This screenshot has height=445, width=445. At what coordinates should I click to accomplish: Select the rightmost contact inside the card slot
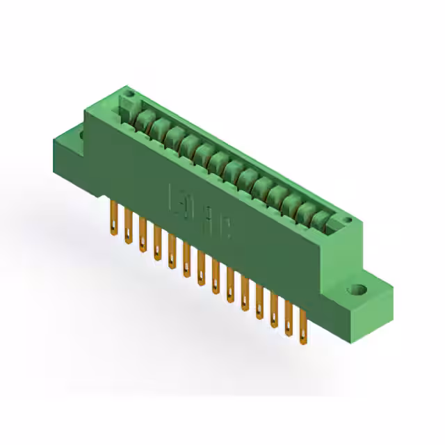321,218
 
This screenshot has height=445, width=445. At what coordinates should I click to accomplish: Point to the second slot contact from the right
306,211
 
